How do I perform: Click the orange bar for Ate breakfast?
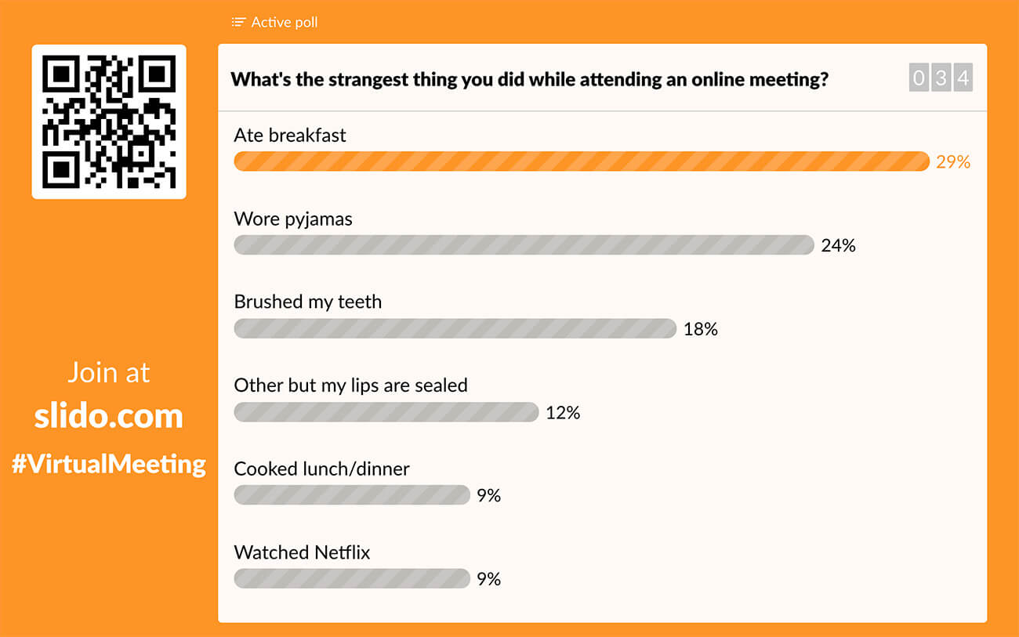point(581,161)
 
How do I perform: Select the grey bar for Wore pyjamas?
point(524,245)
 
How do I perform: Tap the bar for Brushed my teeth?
point(455,328)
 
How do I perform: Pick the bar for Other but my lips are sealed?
point(386,412)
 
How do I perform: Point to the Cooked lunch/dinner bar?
point(351,495)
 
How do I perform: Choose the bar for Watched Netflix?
point(351,579)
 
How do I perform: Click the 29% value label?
point(953,162)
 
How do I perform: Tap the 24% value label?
point(838,246)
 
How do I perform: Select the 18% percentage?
point(701,329)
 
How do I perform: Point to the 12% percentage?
point(563,413)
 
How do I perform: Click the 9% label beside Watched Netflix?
point(488,579)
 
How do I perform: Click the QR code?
point(109,122)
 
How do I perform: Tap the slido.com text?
point(109,415)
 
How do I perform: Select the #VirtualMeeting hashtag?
point(109,464)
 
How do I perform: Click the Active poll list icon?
point(239,22)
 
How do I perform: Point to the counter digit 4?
point(963,78)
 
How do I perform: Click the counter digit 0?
point(919,78)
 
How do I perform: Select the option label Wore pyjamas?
point(293,219)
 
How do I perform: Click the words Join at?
point(109,373)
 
